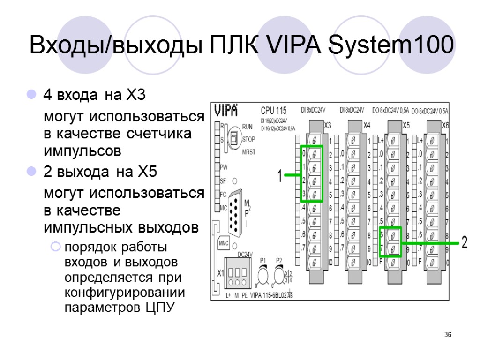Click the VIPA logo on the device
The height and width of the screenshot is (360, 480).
click(x=226, y=110)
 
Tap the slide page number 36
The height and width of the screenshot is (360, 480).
click(x=448, y=335)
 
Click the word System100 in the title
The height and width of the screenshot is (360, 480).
click(x=391, y=45)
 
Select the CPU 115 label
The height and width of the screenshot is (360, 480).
click(x=273, y=111)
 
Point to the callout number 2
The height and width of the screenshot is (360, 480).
click(x=464, y=243)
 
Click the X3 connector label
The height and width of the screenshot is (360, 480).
click(x=328, y=126)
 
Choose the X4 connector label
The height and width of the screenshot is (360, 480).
click(x=367, y=126)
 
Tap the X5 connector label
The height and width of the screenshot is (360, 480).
click(x=406, y=126)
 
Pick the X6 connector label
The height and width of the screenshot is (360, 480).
click(x=445, y=126)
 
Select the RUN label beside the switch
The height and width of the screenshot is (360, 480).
click(x=247, y=127)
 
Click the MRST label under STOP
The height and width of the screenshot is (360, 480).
click(x=249, y=152)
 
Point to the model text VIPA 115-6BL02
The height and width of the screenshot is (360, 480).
click(x=270, y=295)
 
